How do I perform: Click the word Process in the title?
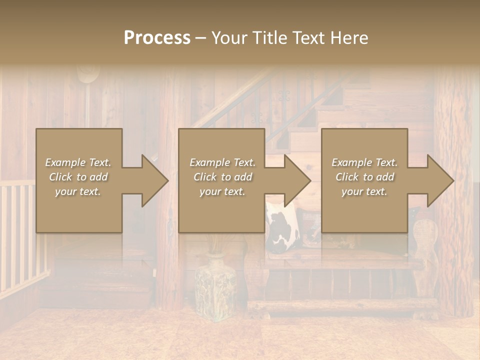(157, 38)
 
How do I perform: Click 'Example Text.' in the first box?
(78, 162)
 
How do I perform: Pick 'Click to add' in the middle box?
(222, 177)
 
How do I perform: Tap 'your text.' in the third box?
(364, 191)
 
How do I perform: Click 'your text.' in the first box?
(78, 191)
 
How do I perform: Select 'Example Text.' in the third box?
(364, 162)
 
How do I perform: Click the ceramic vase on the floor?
(215, 285)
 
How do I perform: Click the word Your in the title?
(230, 38)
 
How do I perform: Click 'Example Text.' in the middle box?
(222, 162)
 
